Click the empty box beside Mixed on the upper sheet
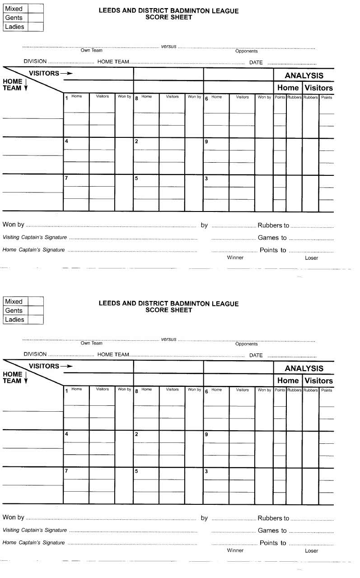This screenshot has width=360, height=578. [36, 9]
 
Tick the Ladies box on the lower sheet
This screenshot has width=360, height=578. [36, 320]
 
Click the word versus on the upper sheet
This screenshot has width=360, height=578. [169, 46]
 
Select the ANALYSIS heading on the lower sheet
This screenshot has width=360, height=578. [304, 368]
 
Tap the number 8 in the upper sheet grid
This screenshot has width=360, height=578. [136, 98]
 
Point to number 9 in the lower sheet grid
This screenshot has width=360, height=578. [206, 434]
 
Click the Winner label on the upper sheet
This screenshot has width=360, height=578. [235, 258]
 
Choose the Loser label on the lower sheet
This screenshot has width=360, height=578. [311, 551]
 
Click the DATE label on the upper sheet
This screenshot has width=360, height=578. [256, 62]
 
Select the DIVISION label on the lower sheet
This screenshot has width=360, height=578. [35, 354]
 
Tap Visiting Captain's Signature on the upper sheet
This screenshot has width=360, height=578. [35, 237]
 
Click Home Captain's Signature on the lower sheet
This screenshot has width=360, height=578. [34, 543]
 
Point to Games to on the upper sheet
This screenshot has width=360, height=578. [272, 238]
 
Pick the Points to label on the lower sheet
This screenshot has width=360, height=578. [273, 543]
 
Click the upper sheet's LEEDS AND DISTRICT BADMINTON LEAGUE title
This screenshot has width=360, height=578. [168, 11]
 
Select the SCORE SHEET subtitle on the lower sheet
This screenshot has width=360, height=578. [168, 310]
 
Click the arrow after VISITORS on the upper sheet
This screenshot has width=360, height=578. [66, 73]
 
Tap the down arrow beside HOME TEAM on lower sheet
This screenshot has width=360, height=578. [26, 381]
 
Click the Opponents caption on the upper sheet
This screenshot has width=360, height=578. [246, 51]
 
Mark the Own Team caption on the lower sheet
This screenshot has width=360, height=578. [91, 343]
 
